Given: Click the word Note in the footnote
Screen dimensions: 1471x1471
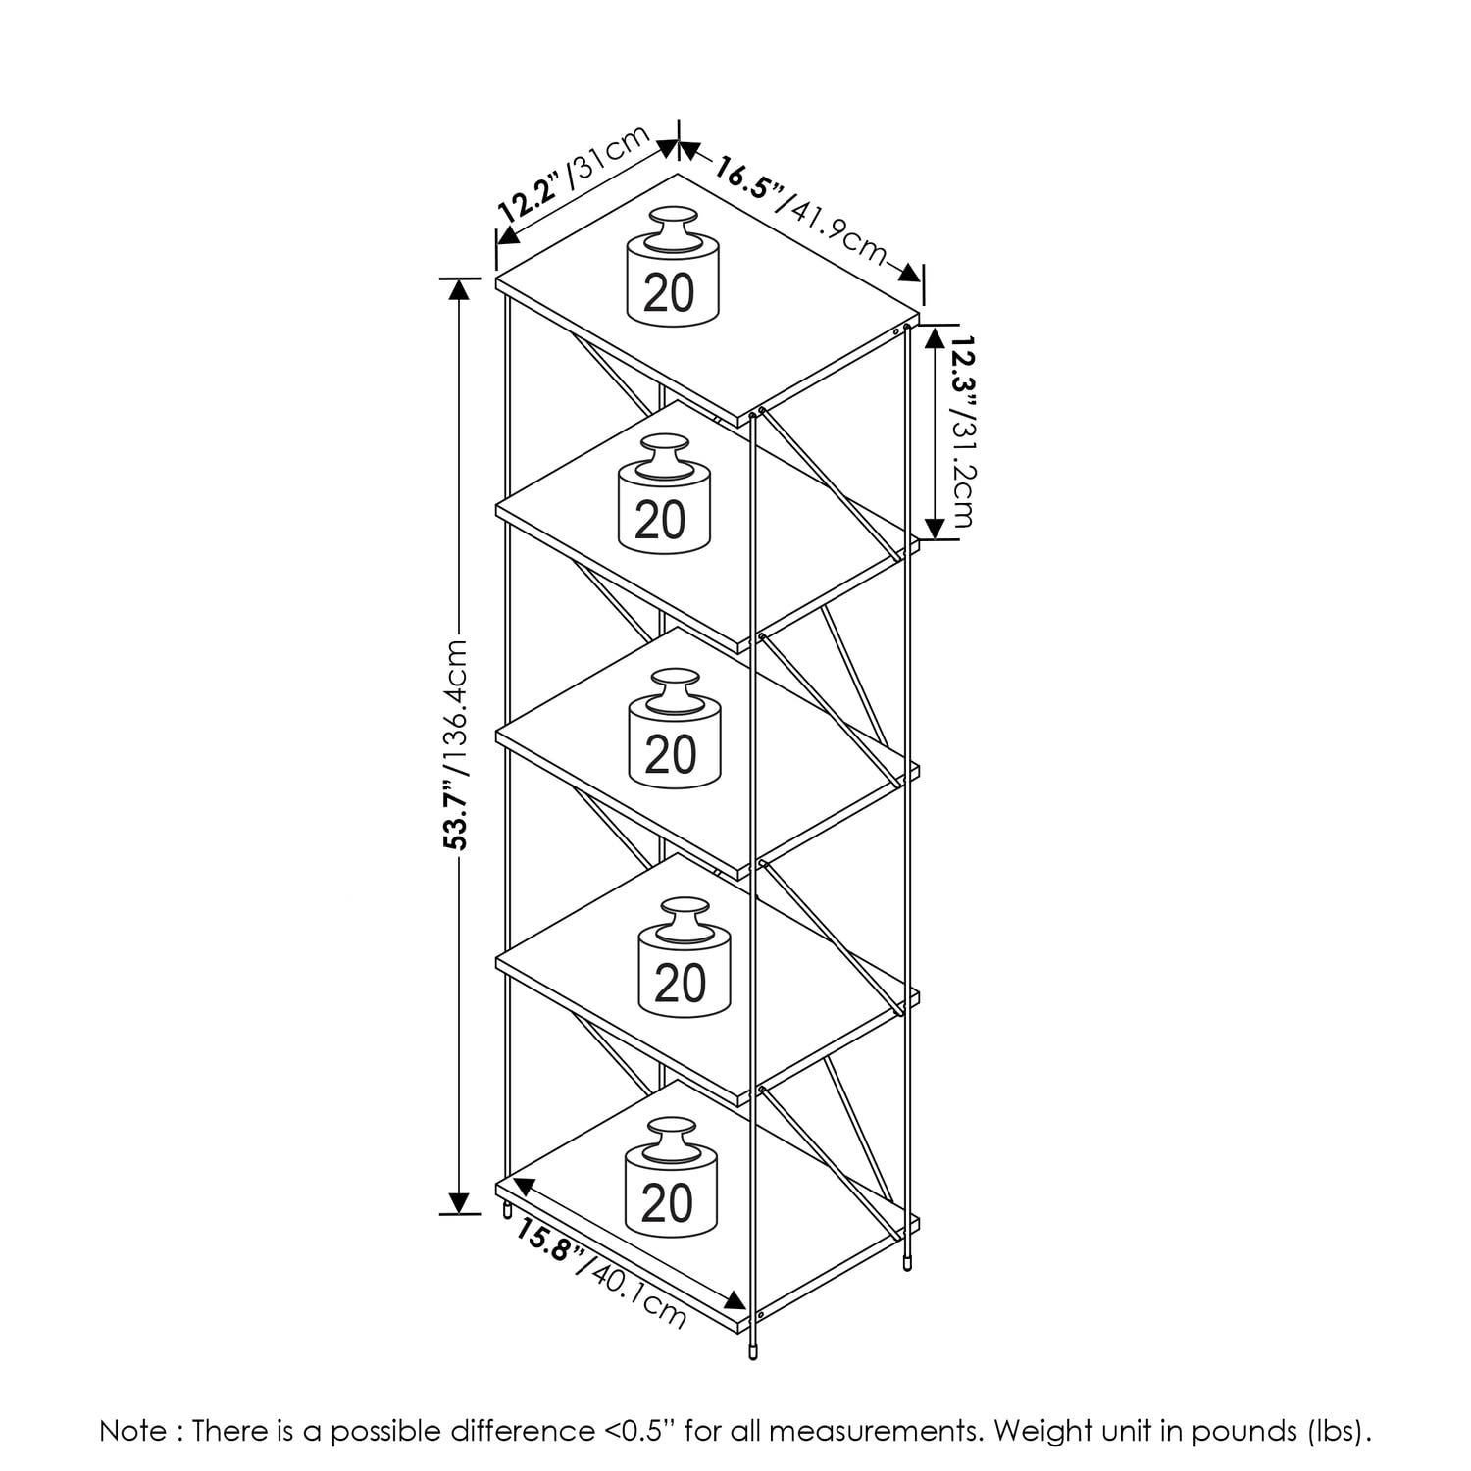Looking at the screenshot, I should tap(133, 1431).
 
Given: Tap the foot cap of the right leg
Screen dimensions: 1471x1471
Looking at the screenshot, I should tap(907, 1265).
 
